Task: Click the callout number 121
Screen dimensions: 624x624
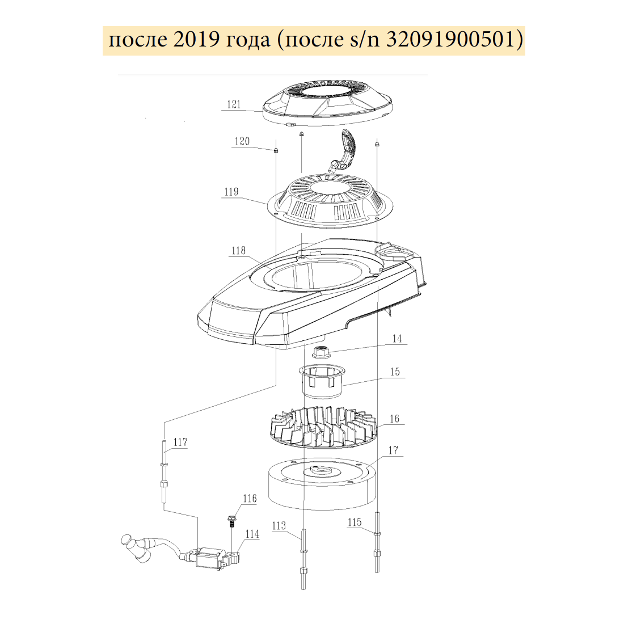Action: (x=234, y=104)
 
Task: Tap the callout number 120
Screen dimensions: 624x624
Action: (x=242, y=141)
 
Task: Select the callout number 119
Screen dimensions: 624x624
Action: (x=231, y=192)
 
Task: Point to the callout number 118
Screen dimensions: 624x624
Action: (x=238, y=251)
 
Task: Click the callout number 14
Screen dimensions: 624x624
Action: (x=397, y=339)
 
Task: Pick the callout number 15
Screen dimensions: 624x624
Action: (x=395, y=372)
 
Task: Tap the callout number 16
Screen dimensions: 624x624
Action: (x=394, y=419)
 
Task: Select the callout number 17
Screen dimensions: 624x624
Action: (x=393, y=450)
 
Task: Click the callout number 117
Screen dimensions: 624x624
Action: (x=180, y=442)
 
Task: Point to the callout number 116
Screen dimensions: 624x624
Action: (x=250, y=499)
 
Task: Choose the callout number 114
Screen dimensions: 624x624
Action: (x=252, y=534)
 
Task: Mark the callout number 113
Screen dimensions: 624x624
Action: (x=279, y=526)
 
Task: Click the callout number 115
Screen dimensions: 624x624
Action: (x=355, y=522)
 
